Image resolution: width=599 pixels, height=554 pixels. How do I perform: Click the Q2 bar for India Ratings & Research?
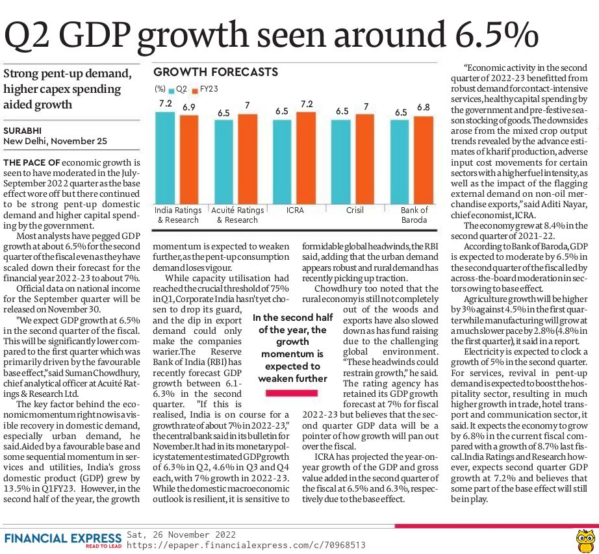[165, 158]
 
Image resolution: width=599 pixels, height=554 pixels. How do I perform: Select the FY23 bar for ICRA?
[307, 158]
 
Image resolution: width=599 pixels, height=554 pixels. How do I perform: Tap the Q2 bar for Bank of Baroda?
[400, 162]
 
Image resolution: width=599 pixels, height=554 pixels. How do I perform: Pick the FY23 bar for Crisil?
[365, 159]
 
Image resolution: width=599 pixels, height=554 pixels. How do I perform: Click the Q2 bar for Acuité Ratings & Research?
[224, 162]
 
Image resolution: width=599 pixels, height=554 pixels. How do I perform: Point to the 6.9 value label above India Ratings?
[188, 107]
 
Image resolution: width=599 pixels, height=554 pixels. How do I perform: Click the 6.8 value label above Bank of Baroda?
[424, 107]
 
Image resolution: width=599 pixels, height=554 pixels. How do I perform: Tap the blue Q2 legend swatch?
[171, 90]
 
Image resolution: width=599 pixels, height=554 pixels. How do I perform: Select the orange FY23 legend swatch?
[195, 90]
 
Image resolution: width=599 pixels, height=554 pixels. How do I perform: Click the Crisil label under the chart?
[355, 210]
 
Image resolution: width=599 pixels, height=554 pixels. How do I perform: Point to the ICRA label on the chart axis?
[295, 210]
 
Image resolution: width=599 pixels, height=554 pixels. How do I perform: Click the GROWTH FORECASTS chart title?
[216, 72]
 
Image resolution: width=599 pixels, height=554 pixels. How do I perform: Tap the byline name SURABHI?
[23, 131]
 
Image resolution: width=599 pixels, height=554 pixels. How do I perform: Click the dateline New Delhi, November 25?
[55, 142]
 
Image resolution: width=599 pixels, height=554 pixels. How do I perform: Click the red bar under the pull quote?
[292, 393]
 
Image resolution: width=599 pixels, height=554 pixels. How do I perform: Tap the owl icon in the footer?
[585, 540]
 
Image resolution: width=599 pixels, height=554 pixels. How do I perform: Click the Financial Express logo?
[63, 540]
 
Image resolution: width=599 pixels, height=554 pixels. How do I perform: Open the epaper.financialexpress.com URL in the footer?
[246, 545]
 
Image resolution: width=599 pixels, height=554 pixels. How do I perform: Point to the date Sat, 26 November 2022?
[181, 535]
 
